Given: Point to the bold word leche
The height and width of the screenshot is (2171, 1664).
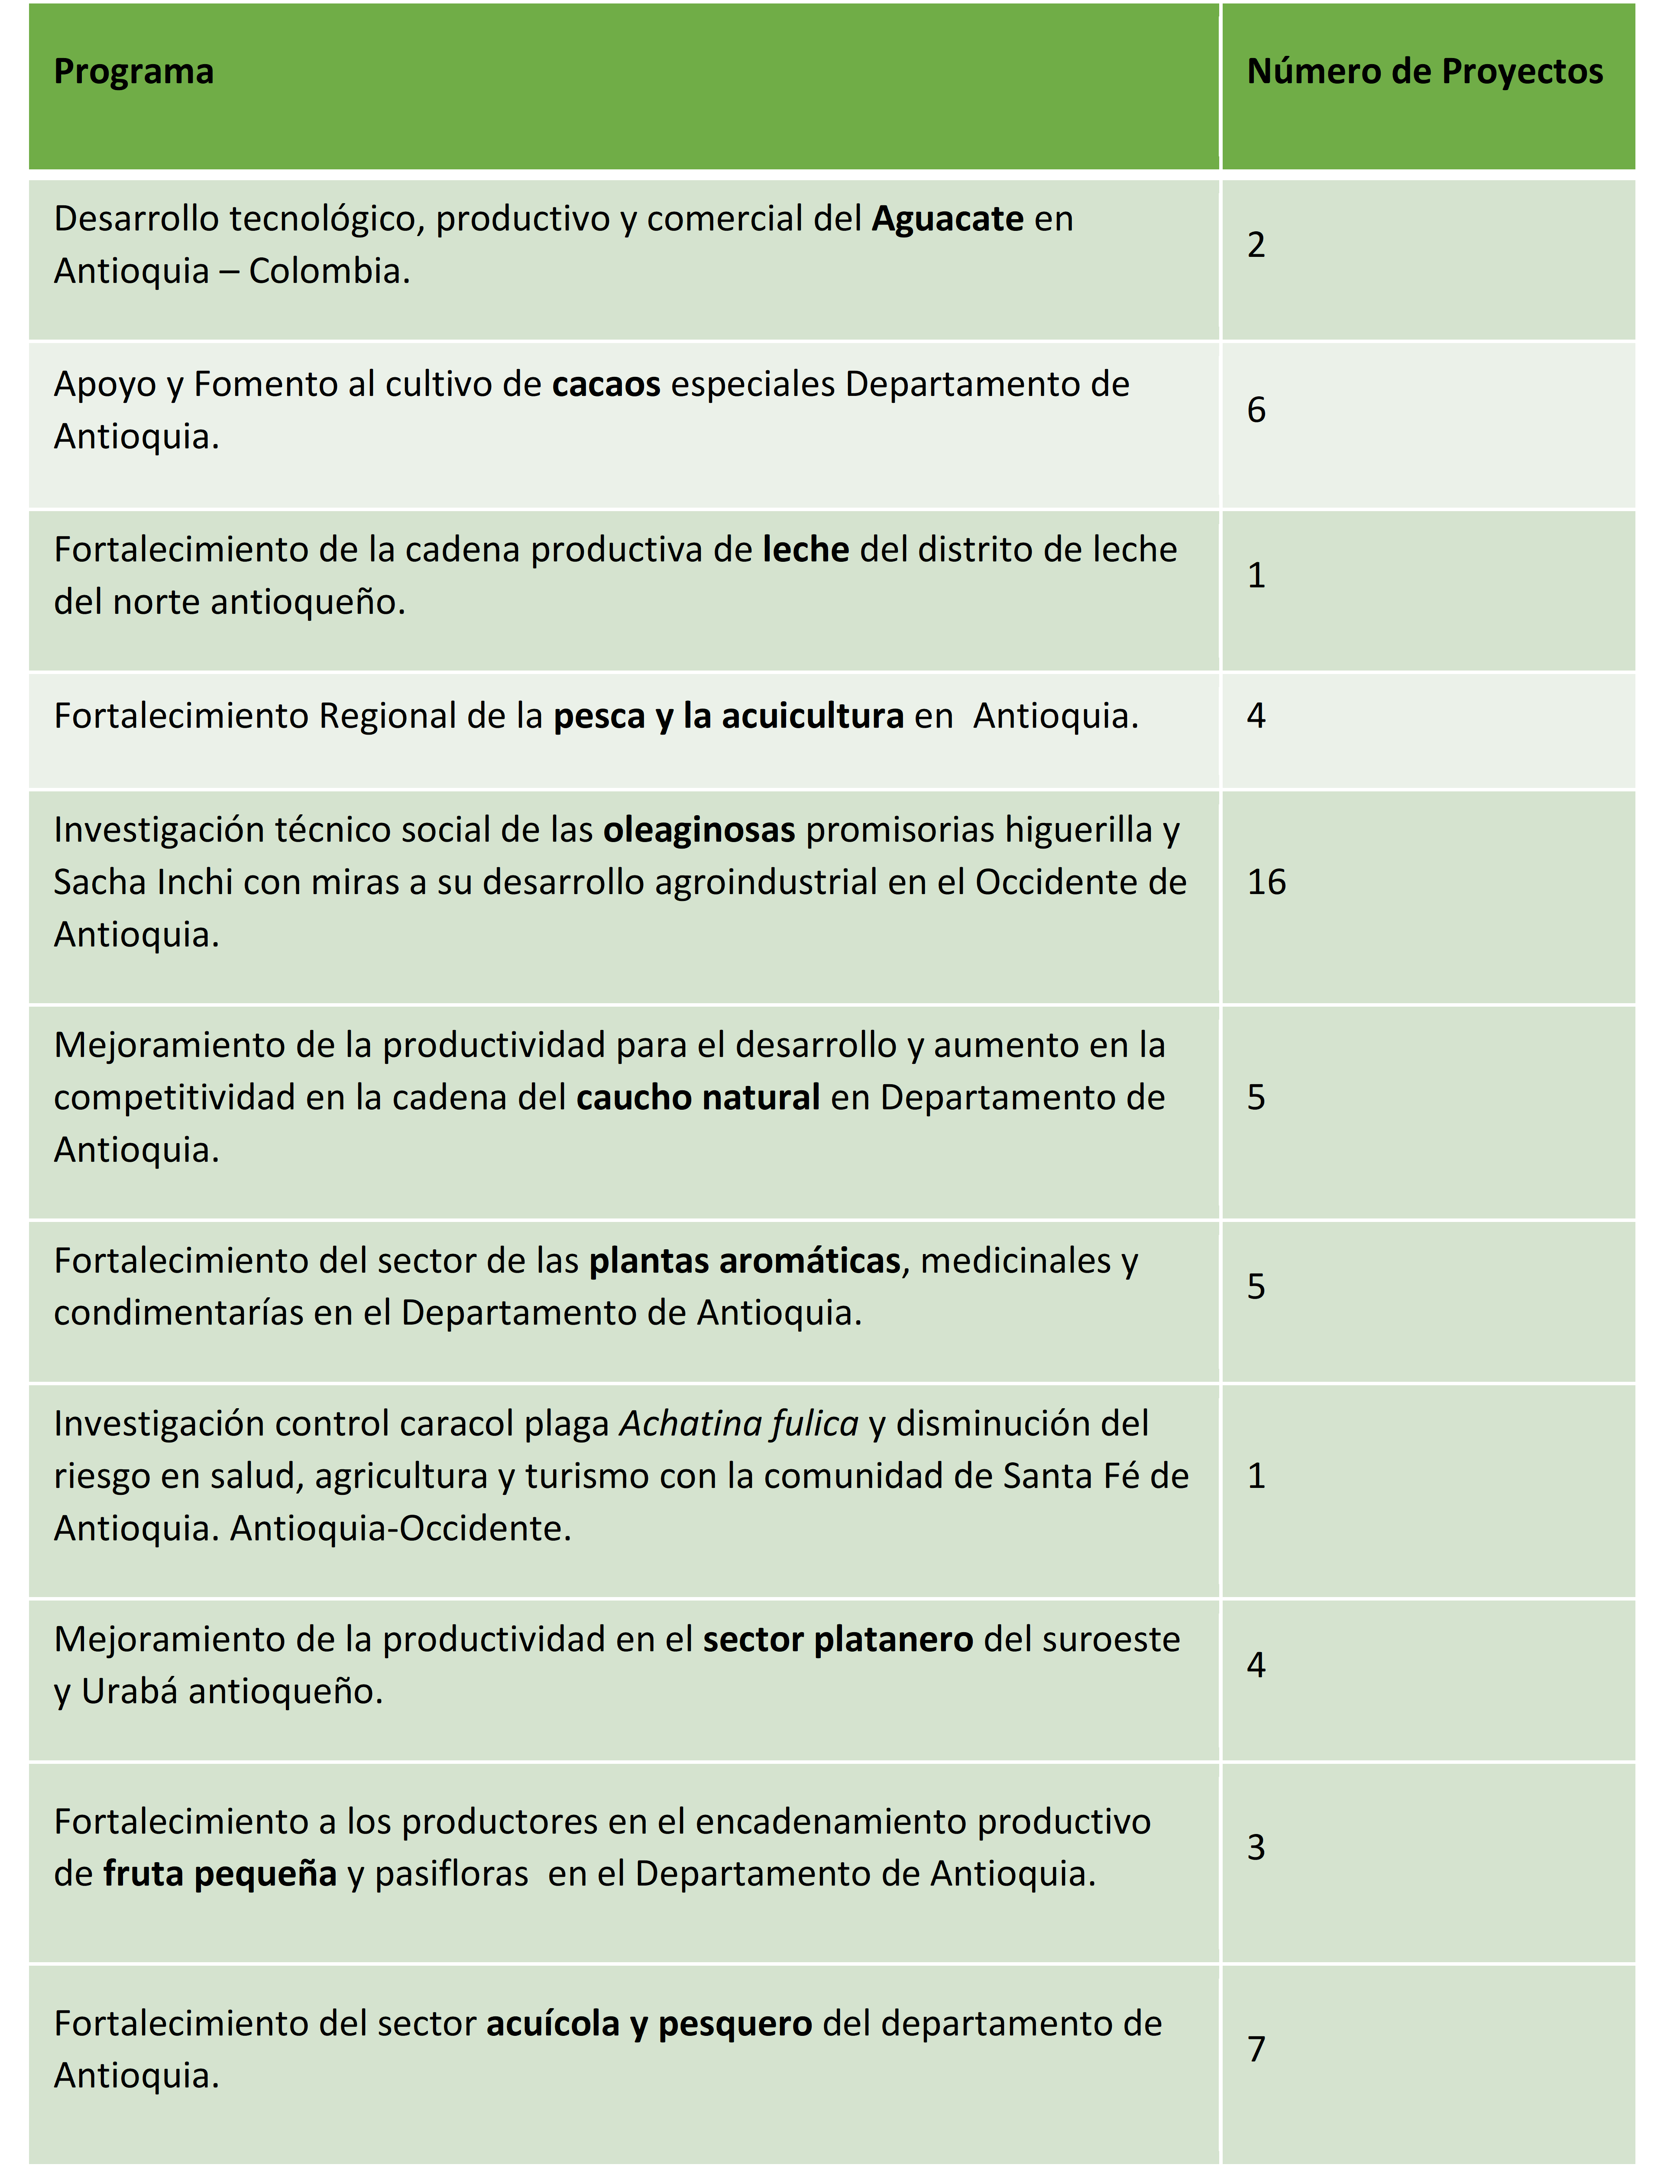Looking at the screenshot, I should (805, 550).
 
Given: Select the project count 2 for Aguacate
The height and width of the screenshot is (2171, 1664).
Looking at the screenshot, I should (1256, 245).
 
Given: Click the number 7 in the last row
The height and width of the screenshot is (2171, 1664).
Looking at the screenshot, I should (1256, 2049).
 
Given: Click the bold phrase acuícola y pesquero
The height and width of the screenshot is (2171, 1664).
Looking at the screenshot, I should (649, 2023).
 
